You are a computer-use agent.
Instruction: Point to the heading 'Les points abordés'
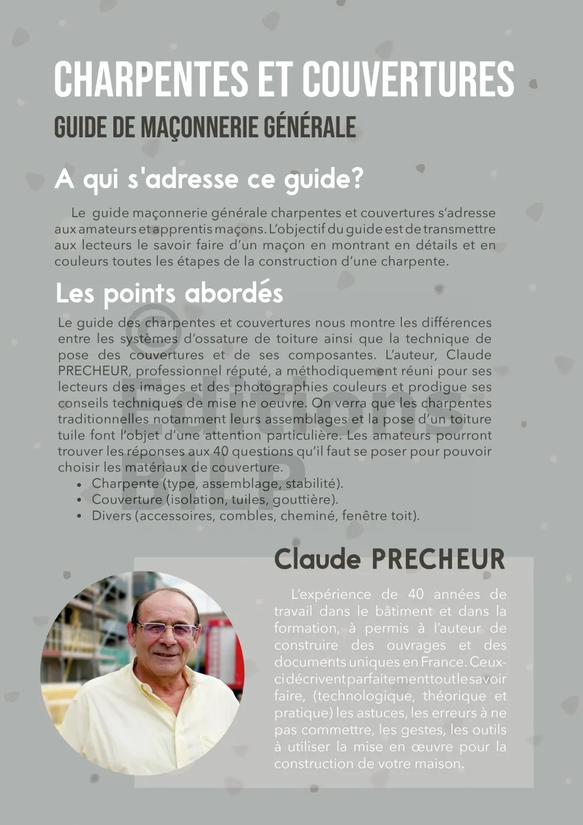click(169, 294)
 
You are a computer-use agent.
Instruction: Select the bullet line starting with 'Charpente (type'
click(217, 484)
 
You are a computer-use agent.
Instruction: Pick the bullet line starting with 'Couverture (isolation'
click(215, 500)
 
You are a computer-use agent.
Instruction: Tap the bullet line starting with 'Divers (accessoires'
click(255, 516)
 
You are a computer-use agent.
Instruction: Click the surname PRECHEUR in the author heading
click(438, 559)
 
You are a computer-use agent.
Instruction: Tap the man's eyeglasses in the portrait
click(166, 630)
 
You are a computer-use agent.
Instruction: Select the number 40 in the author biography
click(416, 594)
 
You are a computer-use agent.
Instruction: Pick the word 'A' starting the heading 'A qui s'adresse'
click(64, 179)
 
